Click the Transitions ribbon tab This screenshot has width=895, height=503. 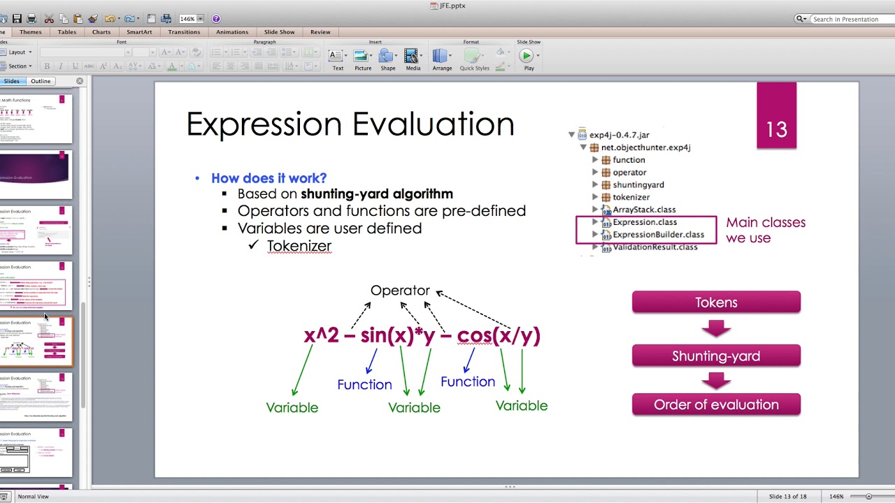pos(184,32)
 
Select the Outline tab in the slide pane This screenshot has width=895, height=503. pos(41,81)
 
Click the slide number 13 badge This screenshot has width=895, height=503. pos(776,129)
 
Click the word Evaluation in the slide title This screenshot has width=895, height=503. pos(433,124)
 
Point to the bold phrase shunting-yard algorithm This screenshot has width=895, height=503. pos(376,194)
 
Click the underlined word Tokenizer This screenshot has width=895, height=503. pos(299,246)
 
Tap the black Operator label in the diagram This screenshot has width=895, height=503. pos(400,290)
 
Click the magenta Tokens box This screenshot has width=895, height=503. pos(716,302)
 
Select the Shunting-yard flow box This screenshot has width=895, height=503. pos(716,356)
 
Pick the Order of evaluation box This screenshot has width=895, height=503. pos(716,404)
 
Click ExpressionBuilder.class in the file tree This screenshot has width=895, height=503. pos(658,235)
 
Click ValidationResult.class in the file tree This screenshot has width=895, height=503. pos(654,247)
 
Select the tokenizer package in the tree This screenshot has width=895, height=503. pos(631,197)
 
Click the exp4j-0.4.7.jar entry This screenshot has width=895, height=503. pos(619,135)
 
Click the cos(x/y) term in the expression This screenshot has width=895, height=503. pos(499,335)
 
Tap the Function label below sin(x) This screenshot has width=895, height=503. pos(364,384)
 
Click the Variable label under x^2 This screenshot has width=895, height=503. pos(292,407)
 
